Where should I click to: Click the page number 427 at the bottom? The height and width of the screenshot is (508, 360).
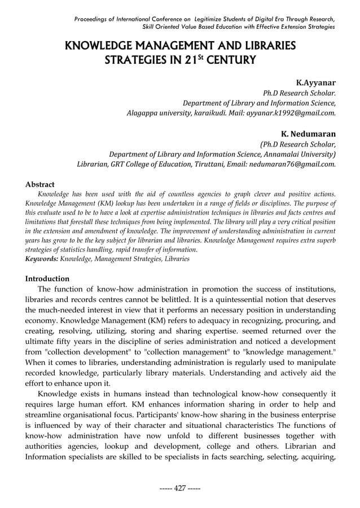(180, 488)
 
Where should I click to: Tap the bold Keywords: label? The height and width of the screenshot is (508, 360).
(42, 258)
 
